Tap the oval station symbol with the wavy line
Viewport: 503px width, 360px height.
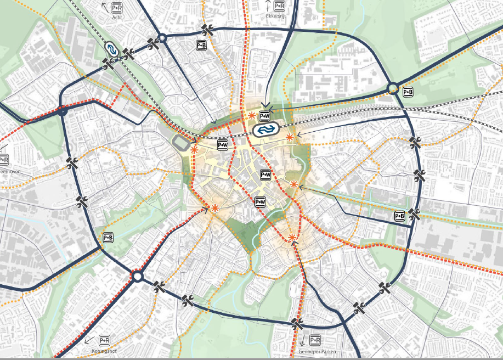[111, 49]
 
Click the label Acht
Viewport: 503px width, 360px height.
[116, 18]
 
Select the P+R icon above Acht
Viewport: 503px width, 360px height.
[117, 8]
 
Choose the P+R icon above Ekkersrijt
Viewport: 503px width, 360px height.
[279, 6]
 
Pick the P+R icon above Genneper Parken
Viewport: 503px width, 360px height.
[315, 340]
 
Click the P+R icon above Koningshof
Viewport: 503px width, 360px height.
[104, 340]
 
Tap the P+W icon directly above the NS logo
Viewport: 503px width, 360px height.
[264, 116]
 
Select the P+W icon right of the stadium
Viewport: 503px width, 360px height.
[223, 145]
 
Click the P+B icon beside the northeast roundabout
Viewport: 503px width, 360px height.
[408, 92]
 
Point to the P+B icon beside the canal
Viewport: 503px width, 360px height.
[400, 216]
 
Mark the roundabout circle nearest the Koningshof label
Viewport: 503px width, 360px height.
[137, 276]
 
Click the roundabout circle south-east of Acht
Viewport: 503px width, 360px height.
[161, 38]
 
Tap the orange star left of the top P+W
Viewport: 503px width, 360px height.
[251, 116]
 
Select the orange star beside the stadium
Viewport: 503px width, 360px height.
[194, 149]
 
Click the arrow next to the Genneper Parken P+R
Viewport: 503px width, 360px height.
[301, 340]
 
